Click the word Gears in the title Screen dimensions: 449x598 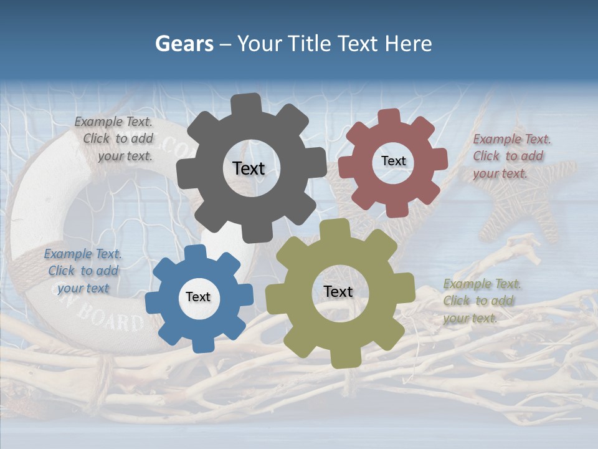184,44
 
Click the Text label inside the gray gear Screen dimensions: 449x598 249,168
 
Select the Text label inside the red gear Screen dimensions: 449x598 393,161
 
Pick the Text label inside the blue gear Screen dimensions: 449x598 198,297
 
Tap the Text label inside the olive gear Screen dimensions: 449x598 338,291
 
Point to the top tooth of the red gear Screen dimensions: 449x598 389,118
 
